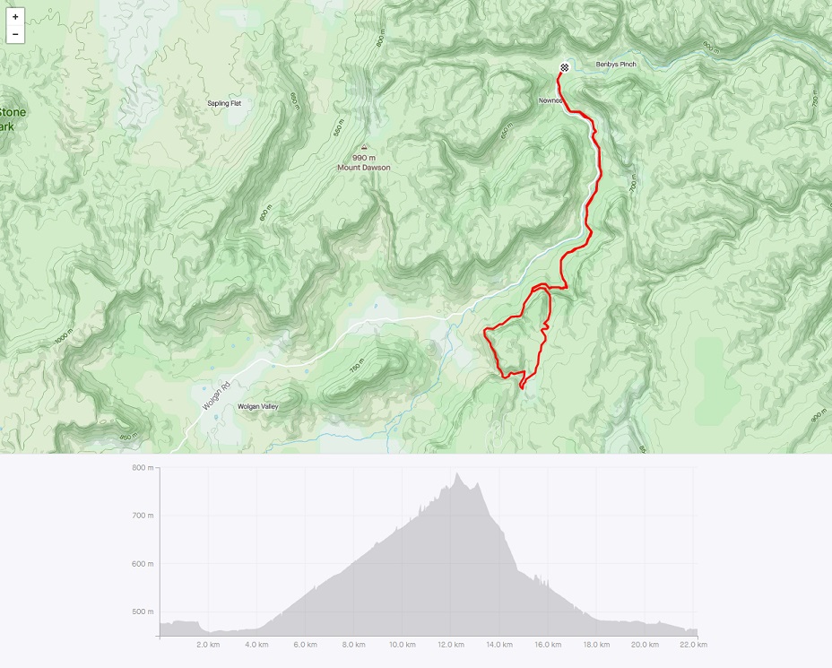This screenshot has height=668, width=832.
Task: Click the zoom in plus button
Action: tap(15, 17)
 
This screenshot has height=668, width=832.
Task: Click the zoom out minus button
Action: tap(15, 34)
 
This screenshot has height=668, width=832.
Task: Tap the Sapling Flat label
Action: tap(224, 103)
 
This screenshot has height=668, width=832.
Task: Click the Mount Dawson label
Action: tap(364, 168)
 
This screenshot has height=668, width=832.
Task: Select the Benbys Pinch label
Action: tap(616, 65)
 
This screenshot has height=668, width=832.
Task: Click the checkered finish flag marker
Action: tap(564, 67)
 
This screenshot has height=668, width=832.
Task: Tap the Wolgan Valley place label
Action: tap(257, 407)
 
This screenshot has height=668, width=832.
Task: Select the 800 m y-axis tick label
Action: tap(143, 467)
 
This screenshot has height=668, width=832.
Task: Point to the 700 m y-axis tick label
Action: tap(143, 516)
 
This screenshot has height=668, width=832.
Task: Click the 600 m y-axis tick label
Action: tap(143, 564)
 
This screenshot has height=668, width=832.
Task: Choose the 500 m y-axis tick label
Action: tap(143, 612)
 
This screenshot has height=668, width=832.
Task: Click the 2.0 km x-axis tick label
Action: tap(208, 644)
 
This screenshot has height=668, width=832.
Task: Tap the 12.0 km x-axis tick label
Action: tap(450, 644)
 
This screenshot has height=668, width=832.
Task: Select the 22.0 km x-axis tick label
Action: tap(693, 644)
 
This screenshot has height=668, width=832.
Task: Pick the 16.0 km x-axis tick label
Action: tap(548, 644)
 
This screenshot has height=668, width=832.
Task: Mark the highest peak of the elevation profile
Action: tap(457, 473)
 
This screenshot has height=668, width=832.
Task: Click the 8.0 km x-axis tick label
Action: tap(353, 644)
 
